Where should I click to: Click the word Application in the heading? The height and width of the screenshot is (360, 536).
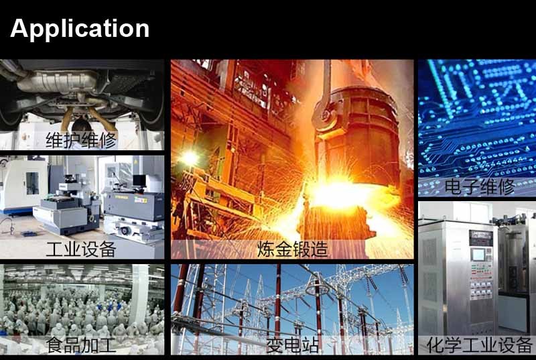80,29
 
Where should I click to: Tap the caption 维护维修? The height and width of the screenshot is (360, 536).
81,140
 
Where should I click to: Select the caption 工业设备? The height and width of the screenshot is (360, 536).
81,249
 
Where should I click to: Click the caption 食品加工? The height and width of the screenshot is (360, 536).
81,345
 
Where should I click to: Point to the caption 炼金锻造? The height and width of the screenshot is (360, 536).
293,249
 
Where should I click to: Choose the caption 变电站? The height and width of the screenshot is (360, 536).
293,345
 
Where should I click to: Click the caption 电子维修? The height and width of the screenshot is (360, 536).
480,186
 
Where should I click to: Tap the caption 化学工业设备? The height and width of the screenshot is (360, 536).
480,345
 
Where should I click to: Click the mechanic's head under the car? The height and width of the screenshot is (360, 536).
82,126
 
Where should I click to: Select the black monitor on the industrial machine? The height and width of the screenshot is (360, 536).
139,180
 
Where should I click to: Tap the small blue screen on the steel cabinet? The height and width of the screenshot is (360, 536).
478,255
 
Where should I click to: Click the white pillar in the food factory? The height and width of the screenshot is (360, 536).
139,294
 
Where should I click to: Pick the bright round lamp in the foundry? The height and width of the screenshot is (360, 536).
189,158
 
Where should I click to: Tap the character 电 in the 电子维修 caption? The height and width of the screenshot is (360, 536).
453,186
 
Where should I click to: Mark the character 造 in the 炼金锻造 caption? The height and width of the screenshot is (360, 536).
320,249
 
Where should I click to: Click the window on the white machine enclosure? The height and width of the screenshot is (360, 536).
32,184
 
